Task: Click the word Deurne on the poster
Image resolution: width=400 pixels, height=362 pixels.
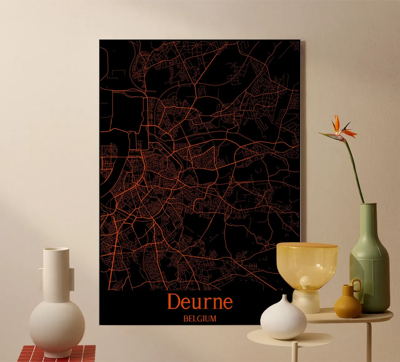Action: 200,301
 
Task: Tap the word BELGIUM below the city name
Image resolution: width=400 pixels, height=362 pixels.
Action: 200,319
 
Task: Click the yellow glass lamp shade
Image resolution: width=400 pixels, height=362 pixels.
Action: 307,262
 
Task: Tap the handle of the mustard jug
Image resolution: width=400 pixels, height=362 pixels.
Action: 357,286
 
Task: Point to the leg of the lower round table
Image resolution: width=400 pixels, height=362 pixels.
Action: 295,353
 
